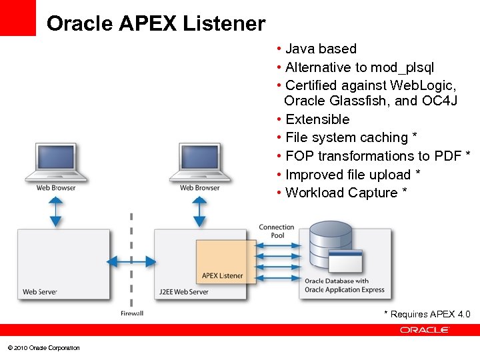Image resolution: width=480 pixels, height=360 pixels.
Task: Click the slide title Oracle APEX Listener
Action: [156, 24]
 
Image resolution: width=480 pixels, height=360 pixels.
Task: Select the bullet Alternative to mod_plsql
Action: [359, 67]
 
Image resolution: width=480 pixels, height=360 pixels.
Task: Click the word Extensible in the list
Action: [317, 119]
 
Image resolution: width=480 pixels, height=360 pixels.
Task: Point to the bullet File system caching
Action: [347, 137]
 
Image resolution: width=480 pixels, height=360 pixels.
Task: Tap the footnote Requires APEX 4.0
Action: [430, 314]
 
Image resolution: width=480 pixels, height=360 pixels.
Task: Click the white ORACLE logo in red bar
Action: [425, 330]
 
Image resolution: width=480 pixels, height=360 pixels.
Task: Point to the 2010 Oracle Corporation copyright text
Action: [43, 348]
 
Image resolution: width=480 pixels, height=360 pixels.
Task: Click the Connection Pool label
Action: [277, 231]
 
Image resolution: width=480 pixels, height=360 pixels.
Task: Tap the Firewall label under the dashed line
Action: [132, 313]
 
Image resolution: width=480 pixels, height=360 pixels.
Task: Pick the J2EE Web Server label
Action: [184, 292]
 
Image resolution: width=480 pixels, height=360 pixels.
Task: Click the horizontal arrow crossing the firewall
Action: [131, 261]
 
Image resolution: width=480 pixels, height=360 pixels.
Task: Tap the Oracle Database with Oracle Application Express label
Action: [345, 285]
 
